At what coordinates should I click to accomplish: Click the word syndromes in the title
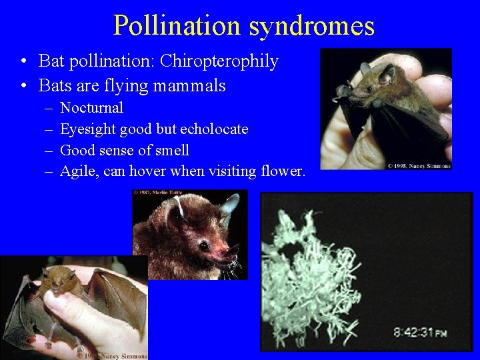click(312, 25)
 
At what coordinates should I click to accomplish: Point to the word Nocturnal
click(91, 107)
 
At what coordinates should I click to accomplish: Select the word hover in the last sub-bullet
click(147, 171)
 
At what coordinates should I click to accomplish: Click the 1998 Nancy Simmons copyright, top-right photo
click(419, 165)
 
